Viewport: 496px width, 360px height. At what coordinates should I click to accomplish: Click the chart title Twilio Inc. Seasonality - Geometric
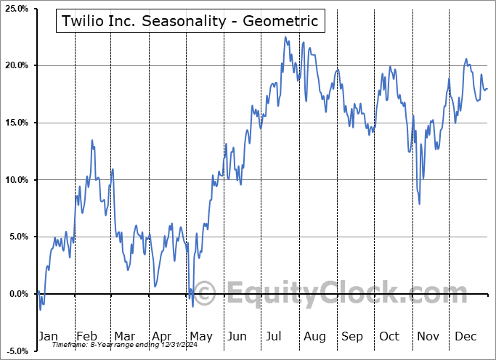click(190, 21)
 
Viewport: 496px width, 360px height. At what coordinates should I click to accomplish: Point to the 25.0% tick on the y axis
click(16, 9)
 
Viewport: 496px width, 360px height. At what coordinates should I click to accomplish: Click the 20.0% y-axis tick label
click(16, 65)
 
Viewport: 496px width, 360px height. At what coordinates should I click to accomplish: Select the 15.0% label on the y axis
click(16, 123)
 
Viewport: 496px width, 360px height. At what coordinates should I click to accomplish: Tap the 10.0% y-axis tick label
click(16, 180)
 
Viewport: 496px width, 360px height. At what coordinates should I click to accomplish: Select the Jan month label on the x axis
click(47, 337)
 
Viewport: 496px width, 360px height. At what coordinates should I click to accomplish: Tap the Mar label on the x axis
click(124, 337)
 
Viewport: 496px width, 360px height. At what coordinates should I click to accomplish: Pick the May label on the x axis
click(200, 337)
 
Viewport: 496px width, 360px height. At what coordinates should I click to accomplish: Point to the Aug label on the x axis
click(315, 337)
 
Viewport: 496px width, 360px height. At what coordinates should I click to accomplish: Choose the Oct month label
click(390, 337)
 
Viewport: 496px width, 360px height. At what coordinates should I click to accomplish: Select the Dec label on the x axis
click(465, 337)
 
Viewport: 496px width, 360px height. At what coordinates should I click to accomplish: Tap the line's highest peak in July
click(285, 37)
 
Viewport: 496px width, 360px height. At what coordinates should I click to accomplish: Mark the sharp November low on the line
click(420, 204)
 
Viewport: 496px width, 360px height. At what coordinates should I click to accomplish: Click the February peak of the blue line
click(92, 140)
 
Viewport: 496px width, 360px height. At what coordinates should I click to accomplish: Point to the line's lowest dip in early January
click(41, 310)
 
